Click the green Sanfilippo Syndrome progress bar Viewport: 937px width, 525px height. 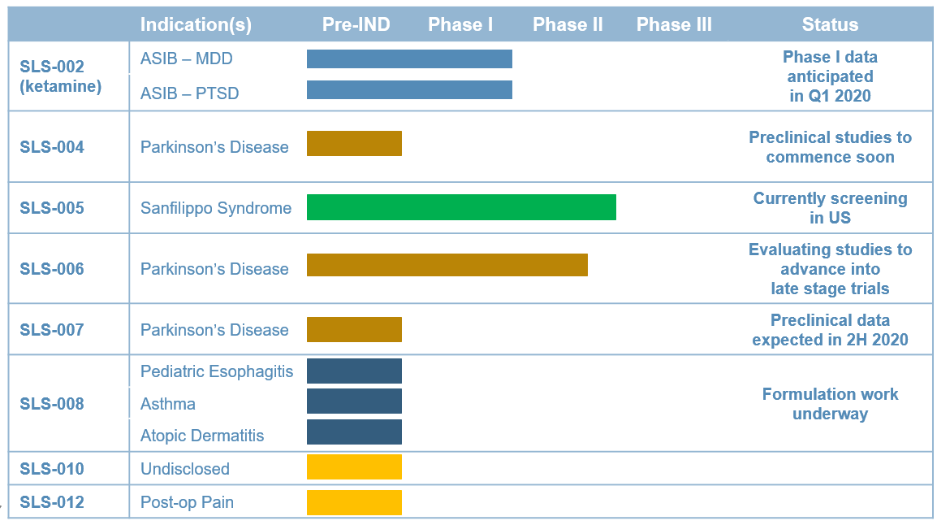(x=461, y=207)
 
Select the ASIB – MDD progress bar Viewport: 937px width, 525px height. (x=409, y=59)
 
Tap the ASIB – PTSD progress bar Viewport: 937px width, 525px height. (x=409, y=89)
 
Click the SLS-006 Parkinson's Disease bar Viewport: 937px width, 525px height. (x=447, y=265)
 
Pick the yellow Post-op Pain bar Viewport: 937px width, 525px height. (x=354, y=502)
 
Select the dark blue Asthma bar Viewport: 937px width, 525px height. (x=354, y=401)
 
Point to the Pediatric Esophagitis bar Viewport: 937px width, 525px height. (x=354, y=371)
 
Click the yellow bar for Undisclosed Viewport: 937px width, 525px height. (x=354, y=467)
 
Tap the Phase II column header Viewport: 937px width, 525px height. (x=568, y=24)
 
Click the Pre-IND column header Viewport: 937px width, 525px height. (x=356, y=24)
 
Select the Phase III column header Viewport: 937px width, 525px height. (x=674, y=24)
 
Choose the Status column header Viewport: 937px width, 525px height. (x=830, y=24)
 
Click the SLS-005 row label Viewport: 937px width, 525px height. (x=52, y=208)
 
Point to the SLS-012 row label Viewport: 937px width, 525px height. (x=52, y=502)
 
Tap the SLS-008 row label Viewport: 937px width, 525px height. (x=52, y=404)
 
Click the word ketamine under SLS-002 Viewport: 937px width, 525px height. (x=60, y=86)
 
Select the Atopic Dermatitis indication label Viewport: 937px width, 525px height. (x=202, y=436)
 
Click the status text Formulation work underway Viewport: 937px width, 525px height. (x=830, y=404)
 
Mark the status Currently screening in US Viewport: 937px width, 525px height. (x=830, y=207)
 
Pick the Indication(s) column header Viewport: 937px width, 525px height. (x=196, y=24)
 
